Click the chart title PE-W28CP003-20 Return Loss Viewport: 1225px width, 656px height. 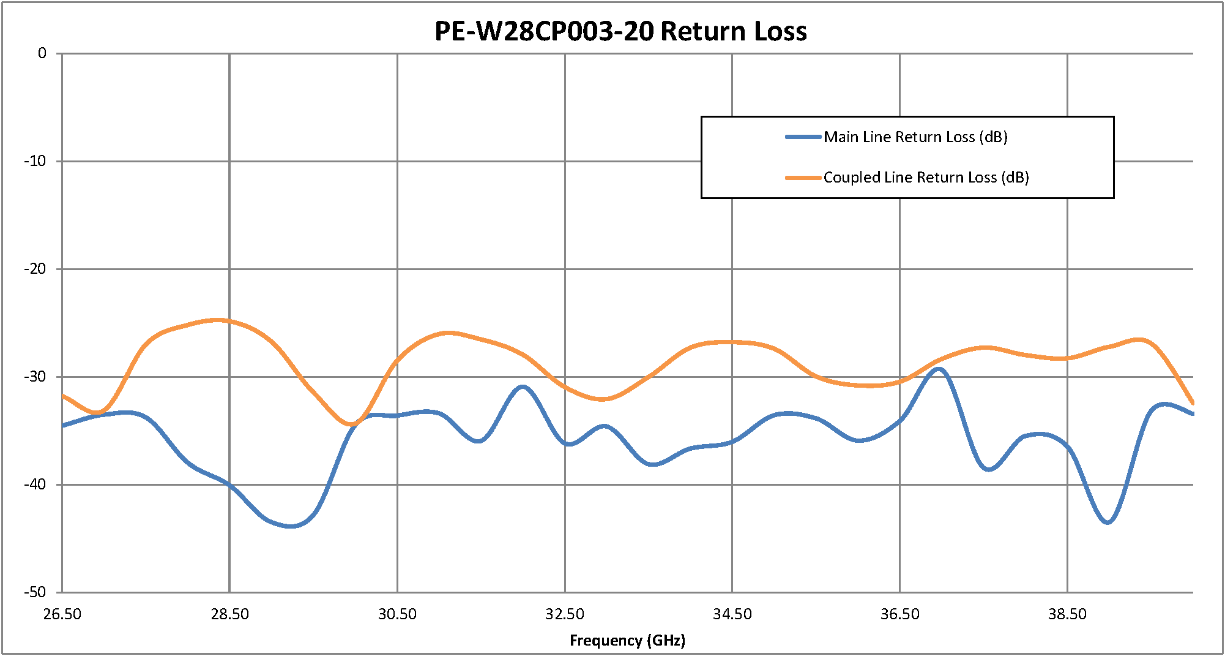(x=620, y=31)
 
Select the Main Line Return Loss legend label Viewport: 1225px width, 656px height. (x=915, y=137)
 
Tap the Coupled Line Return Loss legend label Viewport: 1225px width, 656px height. (x=926, y=178)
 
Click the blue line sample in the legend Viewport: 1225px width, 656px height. (x=803, y=137)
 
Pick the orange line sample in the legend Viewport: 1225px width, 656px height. (x=803, y=178)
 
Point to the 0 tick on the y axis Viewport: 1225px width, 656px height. (x=42, y=53)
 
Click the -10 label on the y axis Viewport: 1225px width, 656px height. (x=35, y=161)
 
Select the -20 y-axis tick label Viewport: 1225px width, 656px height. (x=35, y=269)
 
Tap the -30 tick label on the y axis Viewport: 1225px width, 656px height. (x=35, y=377)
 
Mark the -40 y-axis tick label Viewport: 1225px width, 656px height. (x=35, y=484)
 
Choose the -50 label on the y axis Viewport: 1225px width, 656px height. (x=35, y=592)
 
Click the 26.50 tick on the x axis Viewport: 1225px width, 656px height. (x=62, y=614)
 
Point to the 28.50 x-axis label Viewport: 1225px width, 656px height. (x=229, y=614)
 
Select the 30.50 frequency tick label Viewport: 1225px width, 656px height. (x=397, y=614)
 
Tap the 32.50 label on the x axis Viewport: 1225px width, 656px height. (x=565, y=614)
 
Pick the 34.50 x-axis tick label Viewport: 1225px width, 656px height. (x=732, y=614)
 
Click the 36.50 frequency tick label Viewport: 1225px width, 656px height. (x=899, y=614)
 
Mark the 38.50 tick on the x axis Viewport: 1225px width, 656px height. (x=1067, y=614)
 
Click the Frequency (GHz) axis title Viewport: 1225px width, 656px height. (x=627, y=641)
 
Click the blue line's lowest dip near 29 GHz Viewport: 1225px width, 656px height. (x=291, y=526)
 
